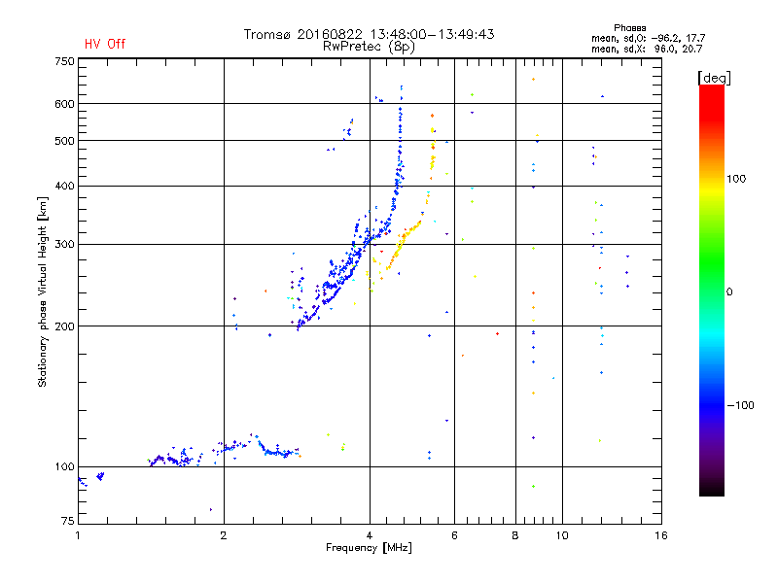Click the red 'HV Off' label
pyautogui.click(x=104, y=44)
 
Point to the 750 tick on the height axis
pyautogui.click(x=64, y=61)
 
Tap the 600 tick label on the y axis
pyautogui.click(x=64, y=103)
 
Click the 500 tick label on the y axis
pyautogui.click(x=64, y=141)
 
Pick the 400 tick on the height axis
pyautogui.click(x=64, y=186)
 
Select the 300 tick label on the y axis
pyautogui.click(x=64, y=244)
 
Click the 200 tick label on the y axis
pyautogui.click(x=64, y=326)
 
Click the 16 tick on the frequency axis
pyautogui.click(x=660, y=535)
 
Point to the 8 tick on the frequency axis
pyautogui.click(x=515, y=535)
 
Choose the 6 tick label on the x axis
pyautogui.click(x=454, y=535)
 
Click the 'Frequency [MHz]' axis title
pyautogui.click(x=369, y=549)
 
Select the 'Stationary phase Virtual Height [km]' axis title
pyautogui.click(x=43, y=291)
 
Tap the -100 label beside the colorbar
pyautogui.click(x=741, y=405)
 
